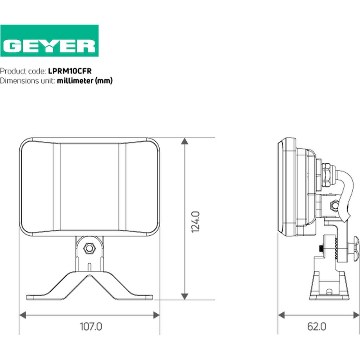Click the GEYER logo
(49, 41)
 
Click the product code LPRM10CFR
(70, 71)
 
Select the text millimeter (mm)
(85, 81)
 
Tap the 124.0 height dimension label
(195, 222)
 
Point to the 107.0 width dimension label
(91, 326)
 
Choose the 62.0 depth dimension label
(317, 326)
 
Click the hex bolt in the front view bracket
(89, 248)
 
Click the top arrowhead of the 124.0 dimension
(185, 141)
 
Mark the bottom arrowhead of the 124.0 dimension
(185, 296)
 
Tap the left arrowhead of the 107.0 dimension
(23, 315)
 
